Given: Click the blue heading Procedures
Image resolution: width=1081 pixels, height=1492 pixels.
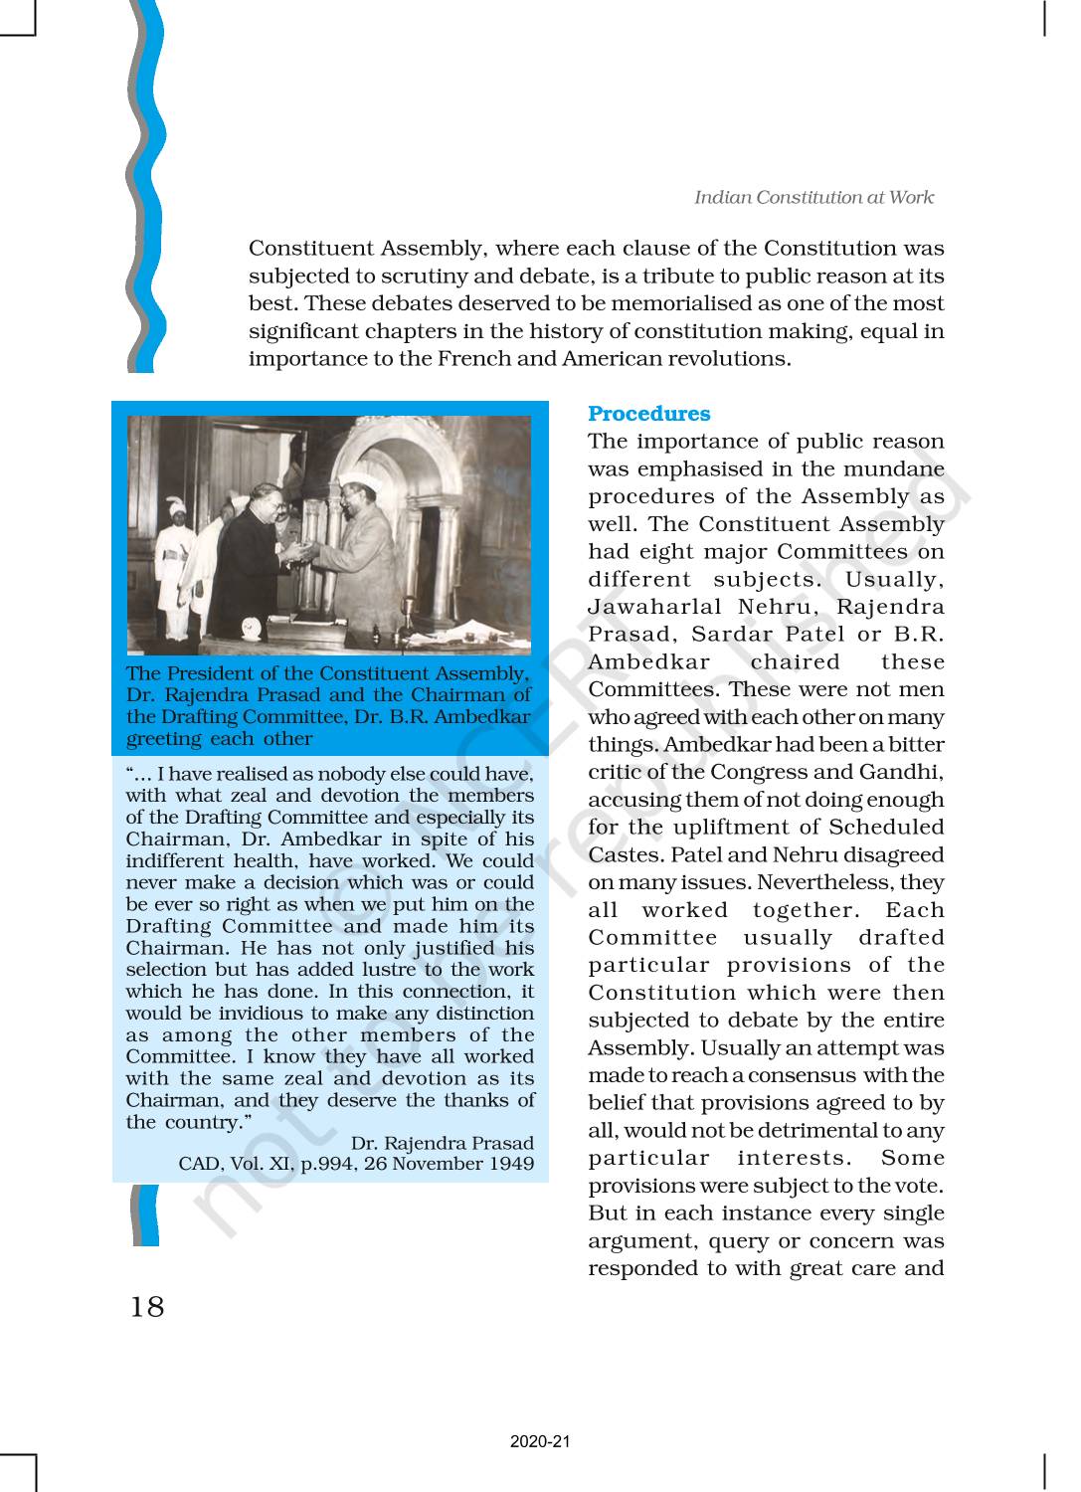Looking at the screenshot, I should coord(648,414).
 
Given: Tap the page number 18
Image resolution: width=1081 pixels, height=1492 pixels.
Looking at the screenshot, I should coord(147,1305).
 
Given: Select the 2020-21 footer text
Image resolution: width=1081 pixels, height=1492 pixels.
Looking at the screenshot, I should coord(540,1441).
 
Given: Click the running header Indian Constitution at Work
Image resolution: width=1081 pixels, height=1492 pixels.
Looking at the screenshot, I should coord(813,197).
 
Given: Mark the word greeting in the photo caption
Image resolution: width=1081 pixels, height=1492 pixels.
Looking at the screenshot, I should coord(165,738).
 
